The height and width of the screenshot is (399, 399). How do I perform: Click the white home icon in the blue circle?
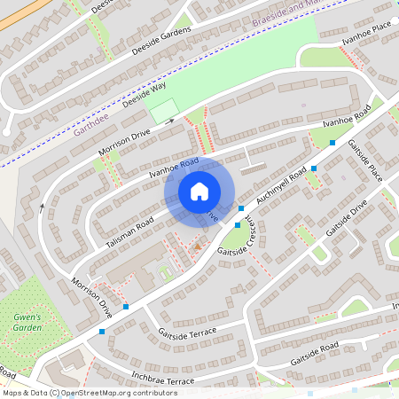click(x=199, y=192)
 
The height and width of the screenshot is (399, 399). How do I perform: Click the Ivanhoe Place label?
click(x=368, y=35)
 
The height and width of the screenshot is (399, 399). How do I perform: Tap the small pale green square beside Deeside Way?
click(x=163, y=112)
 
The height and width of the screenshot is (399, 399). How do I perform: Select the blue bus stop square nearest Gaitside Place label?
click(x=332, y=142)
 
